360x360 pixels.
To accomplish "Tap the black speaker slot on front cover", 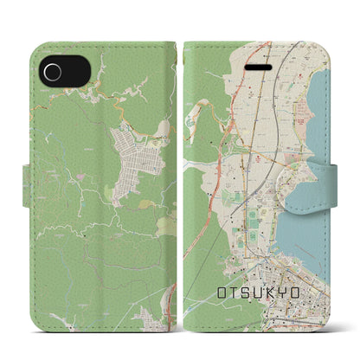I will (258, 65).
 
